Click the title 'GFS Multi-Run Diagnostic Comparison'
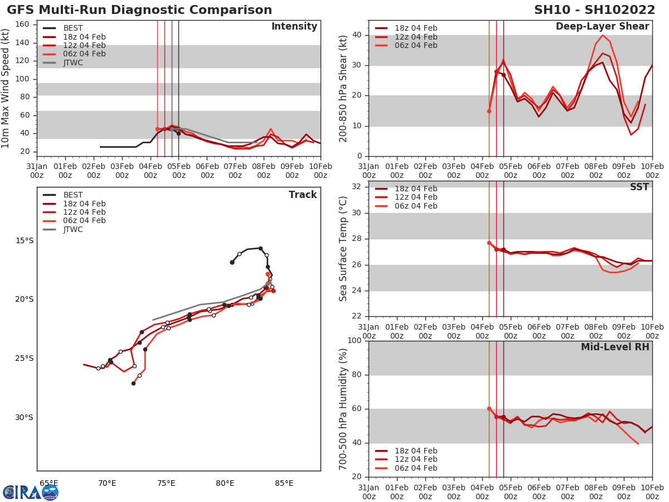tap(139, 10)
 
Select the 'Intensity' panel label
tap(294, 27)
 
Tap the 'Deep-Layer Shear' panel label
tap(602, 27)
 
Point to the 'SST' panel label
tap(639, 187)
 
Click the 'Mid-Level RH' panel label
tap(615, 347)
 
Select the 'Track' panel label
tap(303, 195)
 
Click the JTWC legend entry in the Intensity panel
tap(72, 62)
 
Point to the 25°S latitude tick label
tap(24, 358)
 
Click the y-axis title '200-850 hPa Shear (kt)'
tap(343, 88)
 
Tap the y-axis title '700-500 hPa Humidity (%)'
tap(343, 409)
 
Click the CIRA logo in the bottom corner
tap(30, 493)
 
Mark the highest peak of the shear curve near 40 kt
tap(603, 35)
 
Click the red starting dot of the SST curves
tap(489, 243)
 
